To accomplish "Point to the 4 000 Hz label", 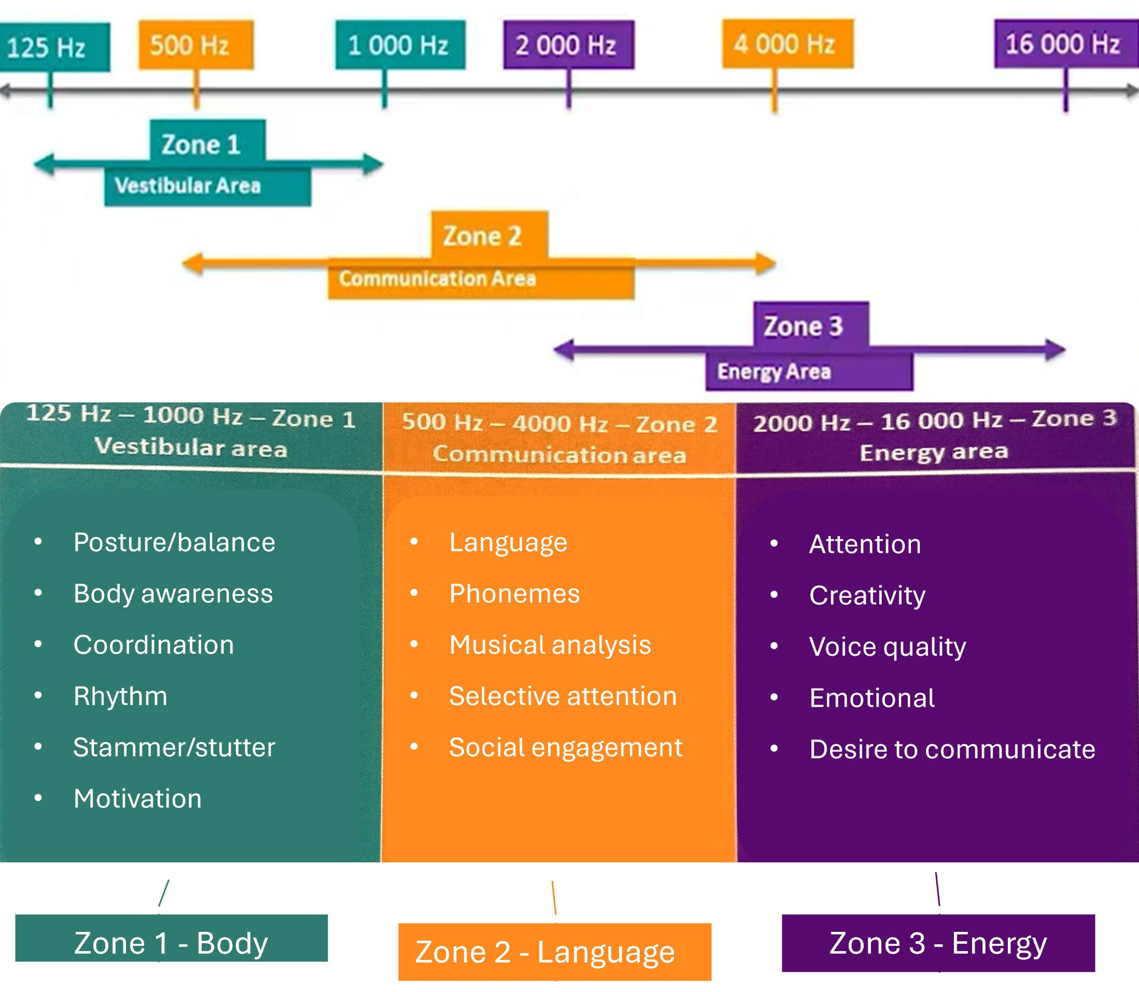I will tap(787, 44).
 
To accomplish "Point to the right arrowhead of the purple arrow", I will tap(1055, 350).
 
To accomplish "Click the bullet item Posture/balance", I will tap(174, 542).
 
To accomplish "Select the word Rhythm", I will tap(120, 696).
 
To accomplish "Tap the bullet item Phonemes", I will tap(514, 593).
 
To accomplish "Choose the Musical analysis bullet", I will tap(550, 645).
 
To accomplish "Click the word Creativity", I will tap(867, 596).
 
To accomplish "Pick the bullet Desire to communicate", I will tap(951, 749).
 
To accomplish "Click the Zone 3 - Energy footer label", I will tap(937, 943).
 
